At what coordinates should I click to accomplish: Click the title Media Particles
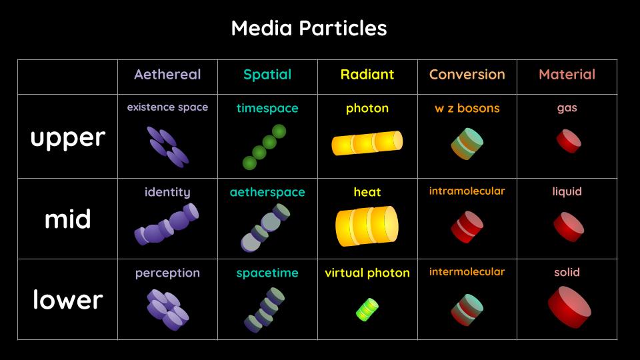309,28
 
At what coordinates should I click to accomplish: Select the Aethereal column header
167,75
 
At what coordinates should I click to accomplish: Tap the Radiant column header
367,75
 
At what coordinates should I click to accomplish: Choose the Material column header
567,75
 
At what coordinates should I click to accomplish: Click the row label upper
67,137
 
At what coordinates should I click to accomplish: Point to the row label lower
67,299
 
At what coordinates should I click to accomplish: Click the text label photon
367,108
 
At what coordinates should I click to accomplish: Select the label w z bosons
467,108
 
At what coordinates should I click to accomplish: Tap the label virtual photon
367,273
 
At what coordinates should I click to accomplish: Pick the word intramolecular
467,191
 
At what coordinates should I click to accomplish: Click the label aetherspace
267,192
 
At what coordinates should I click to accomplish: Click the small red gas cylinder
569,141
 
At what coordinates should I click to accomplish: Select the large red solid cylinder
569,307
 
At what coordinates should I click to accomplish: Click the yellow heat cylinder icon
367,225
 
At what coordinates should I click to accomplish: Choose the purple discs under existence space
168,147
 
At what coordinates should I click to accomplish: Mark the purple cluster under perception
168,309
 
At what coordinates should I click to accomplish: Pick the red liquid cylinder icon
569,227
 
